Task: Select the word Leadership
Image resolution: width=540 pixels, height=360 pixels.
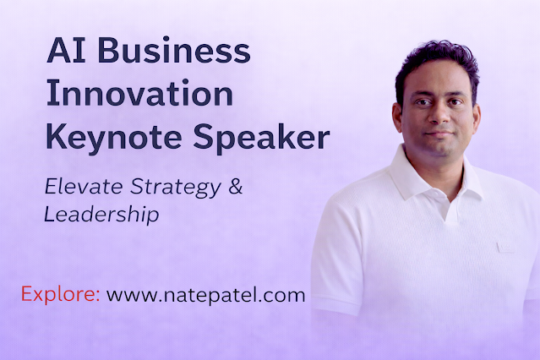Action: pos(101,215)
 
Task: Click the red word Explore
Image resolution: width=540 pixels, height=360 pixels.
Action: pos(57,296)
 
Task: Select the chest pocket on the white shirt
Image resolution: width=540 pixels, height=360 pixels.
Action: pos(505,247)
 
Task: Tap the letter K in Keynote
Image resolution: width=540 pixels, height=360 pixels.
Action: pos(56,135)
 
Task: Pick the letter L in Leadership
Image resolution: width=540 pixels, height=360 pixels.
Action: pos(48,215)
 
